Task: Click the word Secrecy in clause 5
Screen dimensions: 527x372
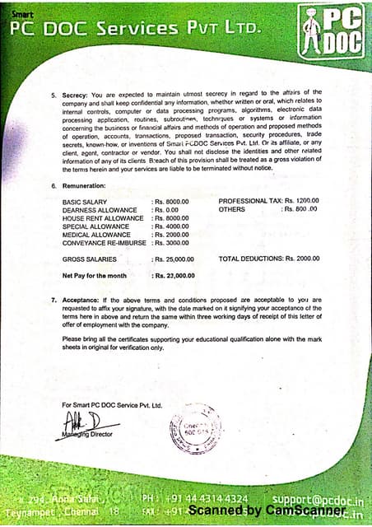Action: coord(75,93)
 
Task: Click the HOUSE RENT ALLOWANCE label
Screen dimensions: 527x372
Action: coord(103,217)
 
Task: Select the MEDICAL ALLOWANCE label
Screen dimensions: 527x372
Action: coord(96,235)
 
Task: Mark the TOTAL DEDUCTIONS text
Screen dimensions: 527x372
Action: coord(250,259)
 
